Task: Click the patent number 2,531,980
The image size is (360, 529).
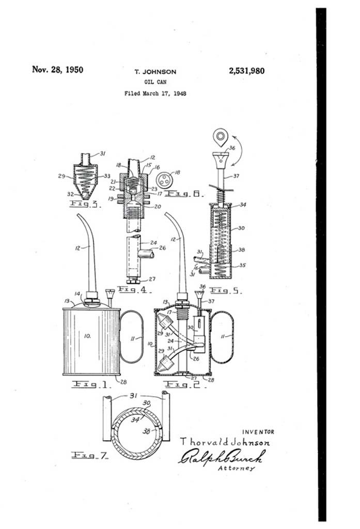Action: click(x=246, y=71)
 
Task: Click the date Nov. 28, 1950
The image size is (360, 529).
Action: click(x=58, y=70)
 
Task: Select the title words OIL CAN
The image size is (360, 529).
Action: click(x=155, y=82)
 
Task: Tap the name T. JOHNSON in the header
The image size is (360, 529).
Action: click(x=155, y=72)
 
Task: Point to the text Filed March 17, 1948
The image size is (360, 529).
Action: click(x=155, y=94)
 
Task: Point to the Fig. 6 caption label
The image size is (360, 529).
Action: click(x=191, y=195)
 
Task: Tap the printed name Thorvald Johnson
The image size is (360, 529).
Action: click(x=224, y=443)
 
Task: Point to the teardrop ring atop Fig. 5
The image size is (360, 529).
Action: click(x=220, y=137)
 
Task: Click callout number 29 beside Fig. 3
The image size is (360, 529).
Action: click(x=62, y=177)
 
